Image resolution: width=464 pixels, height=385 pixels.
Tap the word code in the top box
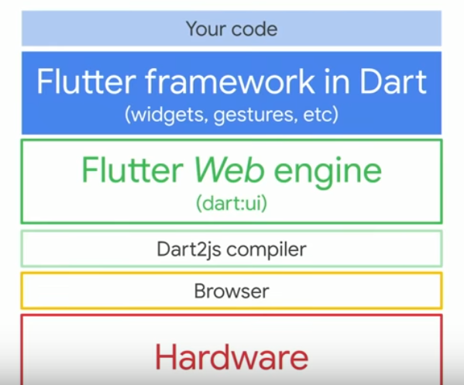tap(255, 29)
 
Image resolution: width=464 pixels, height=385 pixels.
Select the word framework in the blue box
tap(230, 81)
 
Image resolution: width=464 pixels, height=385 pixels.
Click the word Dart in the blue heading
tap(394, 81)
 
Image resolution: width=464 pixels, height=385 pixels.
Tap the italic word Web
tap(229, 170)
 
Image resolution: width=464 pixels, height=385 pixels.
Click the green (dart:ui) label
tap(232, 203)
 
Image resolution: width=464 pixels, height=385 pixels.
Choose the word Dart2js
tap(189, 249)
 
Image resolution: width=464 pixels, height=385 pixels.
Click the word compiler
tap(266, 250)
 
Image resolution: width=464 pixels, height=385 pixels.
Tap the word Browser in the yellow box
tap(232, 291)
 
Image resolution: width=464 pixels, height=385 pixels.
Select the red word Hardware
tap(232, 357)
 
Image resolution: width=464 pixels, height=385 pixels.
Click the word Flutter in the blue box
tap(87, 81)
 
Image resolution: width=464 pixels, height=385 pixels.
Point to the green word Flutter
tap(132, 170)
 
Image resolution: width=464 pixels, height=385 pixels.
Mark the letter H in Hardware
tap(166, 357)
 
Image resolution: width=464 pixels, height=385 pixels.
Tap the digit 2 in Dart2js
tap(203, 249)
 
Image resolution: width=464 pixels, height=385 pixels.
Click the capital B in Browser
tap(200, 291)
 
